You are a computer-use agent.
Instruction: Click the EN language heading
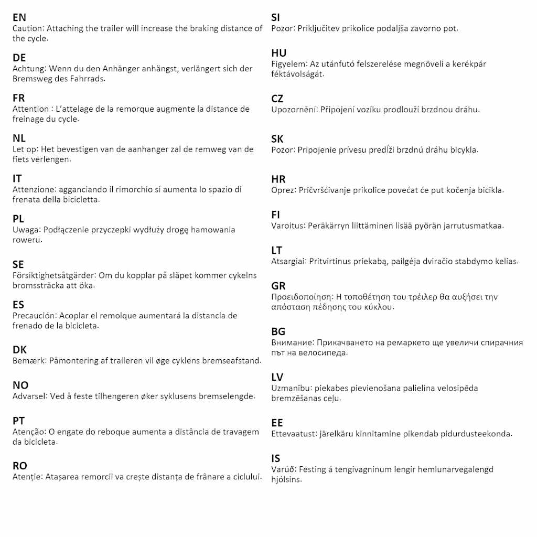tap(19, 18)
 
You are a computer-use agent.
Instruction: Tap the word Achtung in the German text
tap(27, 69)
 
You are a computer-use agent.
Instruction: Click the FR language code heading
tap(19, 98)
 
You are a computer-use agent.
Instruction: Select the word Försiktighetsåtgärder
tap(53, 275)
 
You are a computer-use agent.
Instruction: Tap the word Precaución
tap(34, 316)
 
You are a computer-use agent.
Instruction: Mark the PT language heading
tap(19, 421)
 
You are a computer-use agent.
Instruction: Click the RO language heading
tap(20, 466)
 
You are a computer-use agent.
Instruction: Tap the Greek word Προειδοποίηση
tap(303, 297)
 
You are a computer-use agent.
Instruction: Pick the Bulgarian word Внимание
tap(292, 342)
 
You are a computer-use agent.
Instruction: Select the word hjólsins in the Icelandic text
tap(286, 480)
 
